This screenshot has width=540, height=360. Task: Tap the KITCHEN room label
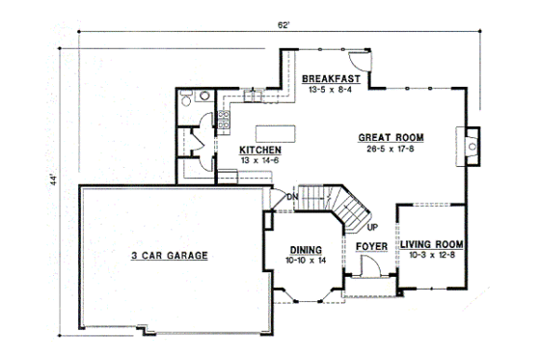(x=260, y=151)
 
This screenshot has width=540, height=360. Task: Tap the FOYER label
(x=371, y=247)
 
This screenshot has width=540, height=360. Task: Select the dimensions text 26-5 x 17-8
(x=391, y=150)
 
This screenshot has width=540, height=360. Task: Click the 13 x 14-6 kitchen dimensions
(x=260, y=162)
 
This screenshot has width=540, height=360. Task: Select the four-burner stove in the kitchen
(x=224, y=120)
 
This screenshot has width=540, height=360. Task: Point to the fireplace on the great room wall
(x=472, y=145)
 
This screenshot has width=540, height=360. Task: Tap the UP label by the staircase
(x=371, y=228)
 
